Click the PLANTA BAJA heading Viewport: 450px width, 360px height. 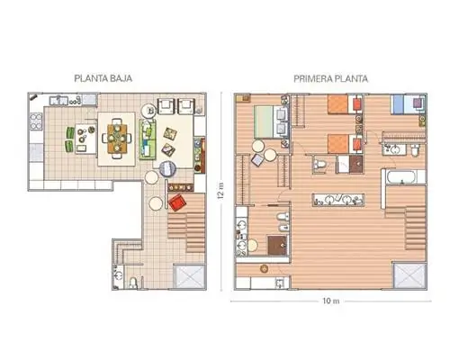pos(103,78)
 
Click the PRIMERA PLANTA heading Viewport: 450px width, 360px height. pos(330,79)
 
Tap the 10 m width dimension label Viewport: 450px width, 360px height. pos(331,301)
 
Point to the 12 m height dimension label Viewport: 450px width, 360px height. pos(221,191)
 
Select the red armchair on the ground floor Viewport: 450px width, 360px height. pos(177,202)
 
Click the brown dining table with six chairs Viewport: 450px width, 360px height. pos(117,138)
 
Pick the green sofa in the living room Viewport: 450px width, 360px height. pos(148,139)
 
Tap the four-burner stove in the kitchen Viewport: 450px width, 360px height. pos(36,121)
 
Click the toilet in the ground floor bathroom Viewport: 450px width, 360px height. pos(133,283)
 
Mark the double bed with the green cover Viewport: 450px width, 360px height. pos(271,121)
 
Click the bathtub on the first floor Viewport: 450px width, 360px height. pos(401,176)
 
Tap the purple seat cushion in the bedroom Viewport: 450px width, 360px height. pos(418,103)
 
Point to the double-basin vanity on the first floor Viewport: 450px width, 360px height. pos(338,200)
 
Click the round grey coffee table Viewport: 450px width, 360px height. pos(167,168)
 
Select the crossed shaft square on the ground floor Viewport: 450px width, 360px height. pos(190,276)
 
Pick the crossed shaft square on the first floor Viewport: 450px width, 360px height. pos(409,275)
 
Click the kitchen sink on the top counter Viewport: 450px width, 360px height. pos(59,100)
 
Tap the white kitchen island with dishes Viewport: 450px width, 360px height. pos(85,139)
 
